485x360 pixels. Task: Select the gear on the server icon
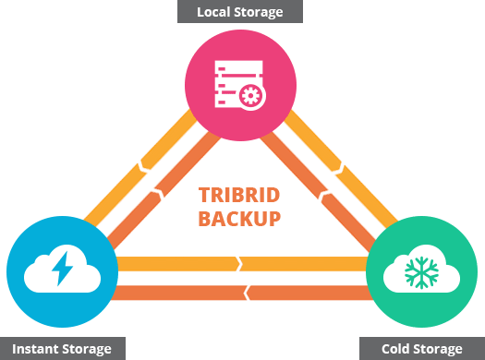pos(249,96)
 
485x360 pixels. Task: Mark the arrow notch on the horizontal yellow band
pos(239,264)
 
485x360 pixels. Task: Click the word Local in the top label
pos(214,12)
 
